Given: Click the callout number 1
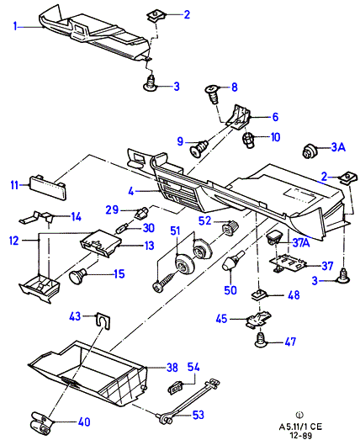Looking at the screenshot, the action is coord(15,27).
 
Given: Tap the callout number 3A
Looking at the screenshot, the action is coord(338,147).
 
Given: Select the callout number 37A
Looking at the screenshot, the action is coord(301,243).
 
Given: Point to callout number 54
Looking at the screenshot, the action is coord(193,367).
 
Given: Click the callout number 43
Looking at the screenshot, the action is coord(75,316).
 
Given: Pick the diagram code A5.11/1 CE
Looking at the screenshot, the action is coord(300,427).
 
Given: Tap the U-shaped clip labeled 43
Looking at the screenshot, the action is coord(103,321).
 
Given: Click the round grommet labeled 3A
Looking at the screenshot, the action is coord(310,151).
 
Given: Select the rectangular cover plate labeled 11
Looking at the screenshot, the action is coord(48,187).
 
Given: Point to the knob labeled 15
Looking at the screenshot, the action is coord(78,275).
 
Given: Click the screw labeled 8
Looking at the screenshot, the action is coord(212,94).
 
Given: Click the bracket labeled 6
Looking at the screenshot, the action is coord(239,117).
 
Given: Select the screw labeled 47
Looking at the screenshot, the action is coord(262,339).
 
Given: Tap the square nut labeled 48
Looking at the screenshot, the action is coord(259,295).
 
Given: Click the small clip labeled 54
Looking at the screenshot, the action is coord(175,387).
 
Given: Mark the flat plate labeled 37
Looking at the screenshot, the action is coord(289,262).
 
